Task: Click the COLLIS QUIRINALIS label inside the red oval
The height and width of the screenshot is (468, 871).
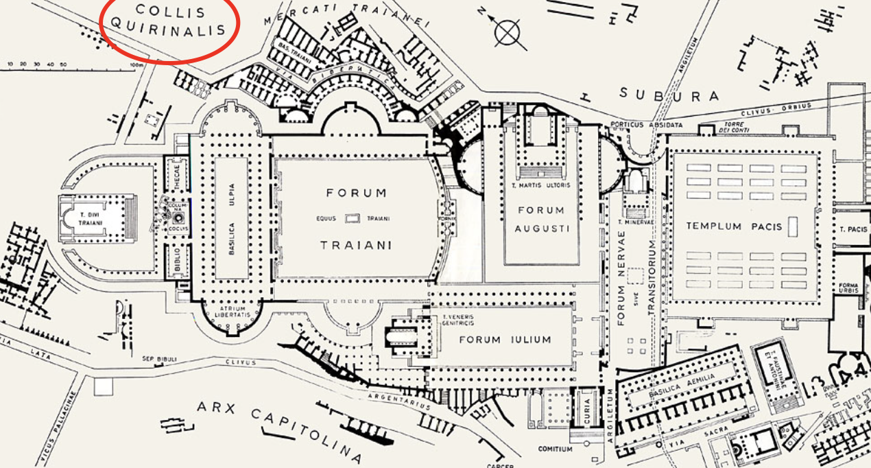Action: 169,20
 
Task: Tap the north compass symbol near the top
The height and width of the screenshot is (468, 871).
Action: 507,31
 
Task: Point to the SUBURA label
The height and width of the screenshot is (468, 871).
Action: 669,95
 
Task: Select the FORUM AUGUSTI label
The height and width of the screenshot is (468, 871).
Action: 541,219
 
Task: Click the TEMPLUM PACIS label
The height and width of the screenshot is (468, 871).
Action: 734,226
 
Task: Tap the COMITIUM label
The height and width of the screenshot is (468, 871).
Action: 556,450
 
